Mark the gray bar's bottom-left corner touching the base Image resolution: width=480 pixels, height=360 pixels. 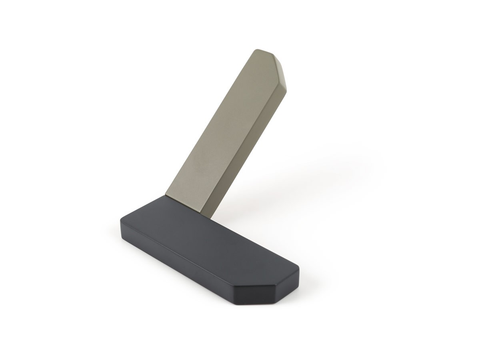pyautogui.click(x=165, y=195)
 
